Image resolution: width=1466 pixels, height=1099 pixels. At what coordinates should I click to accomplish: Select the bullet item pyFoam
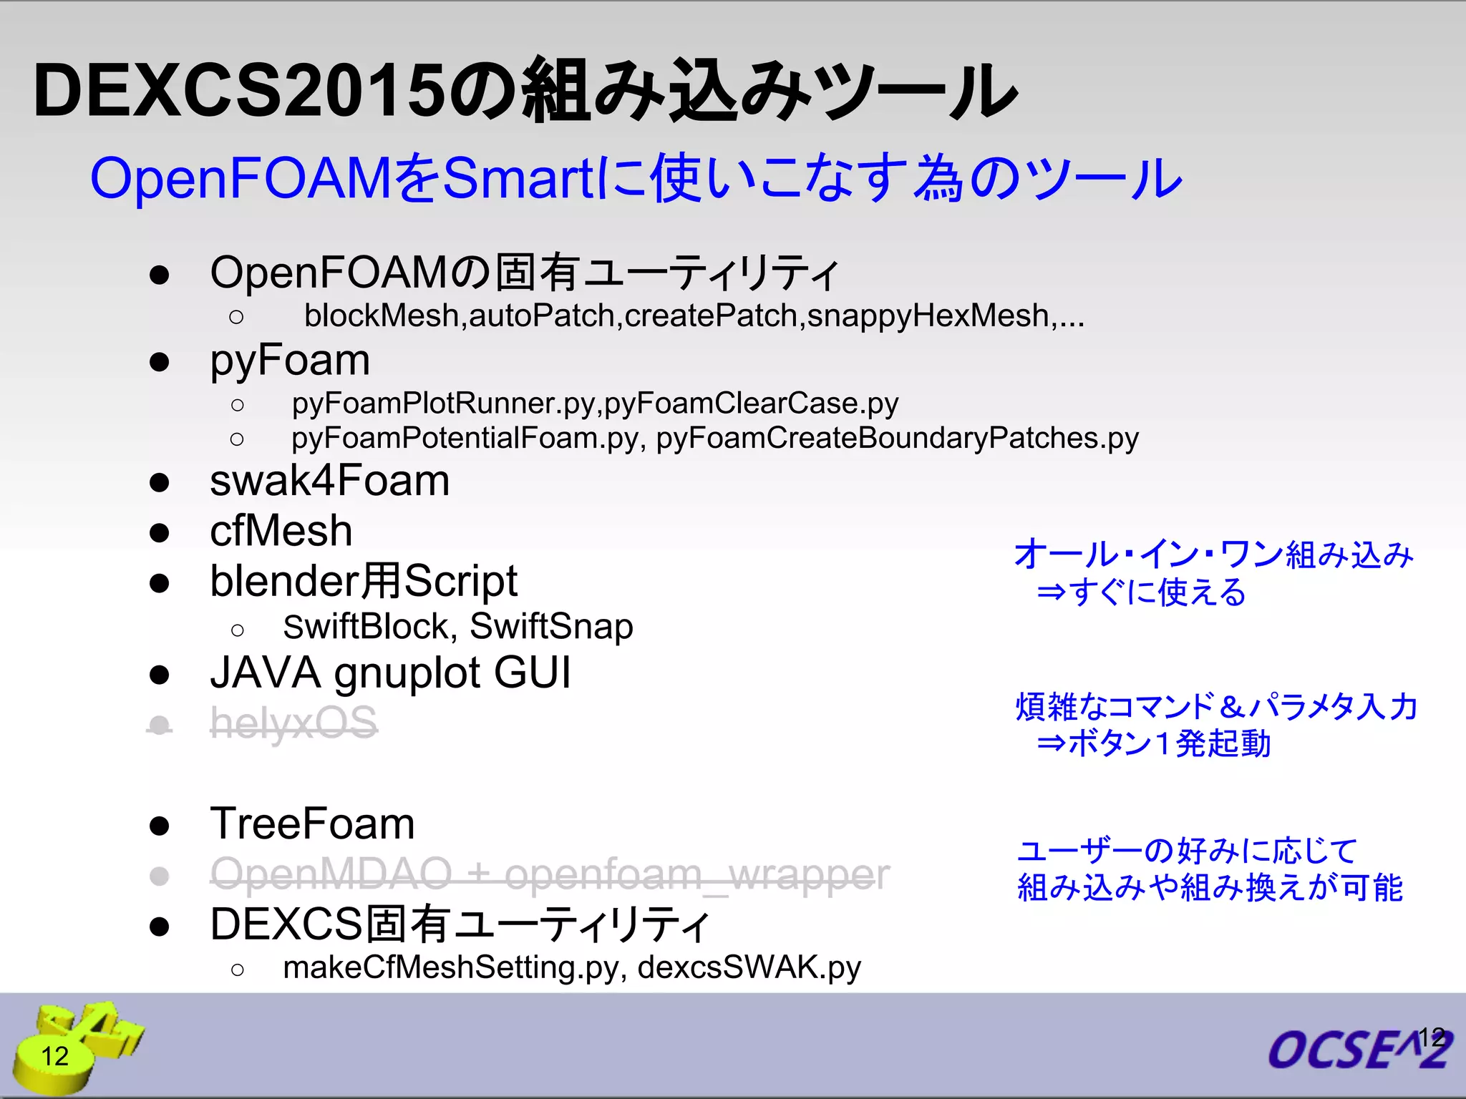point(290,360)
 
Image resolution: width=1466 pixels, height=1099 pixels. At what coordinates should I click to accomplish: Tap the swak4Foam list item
point(329,480)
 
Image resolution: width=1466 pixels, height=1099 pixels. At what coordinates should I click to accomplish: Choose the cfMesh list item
point(281,531)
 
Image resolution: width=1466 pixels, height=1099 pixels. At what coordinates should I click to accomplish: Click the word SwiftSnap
point(551,627)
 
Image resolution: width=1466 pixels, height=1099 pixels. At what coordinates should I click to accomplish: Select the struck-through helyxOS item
point(293,723)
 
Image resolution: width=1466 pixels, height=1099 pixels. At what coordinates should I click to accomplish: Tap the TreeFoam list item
point(312,824)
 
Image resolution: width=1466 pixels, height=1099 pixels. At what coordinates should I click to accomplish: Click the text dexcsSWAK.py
point(749,967)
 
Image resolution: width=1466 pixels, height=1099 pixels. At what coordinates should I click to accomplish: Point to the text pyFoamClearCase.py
point(752,404)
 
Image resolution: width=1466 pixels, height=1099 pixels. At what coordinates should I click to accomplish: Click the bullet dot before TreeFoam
point(159,826)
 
